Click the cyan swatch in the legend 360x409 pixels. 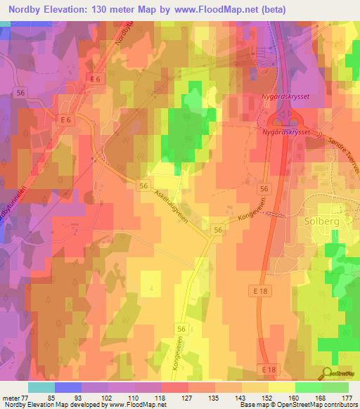coord(41,387)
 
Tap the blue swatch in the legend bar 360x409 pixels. coord(67,387)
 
